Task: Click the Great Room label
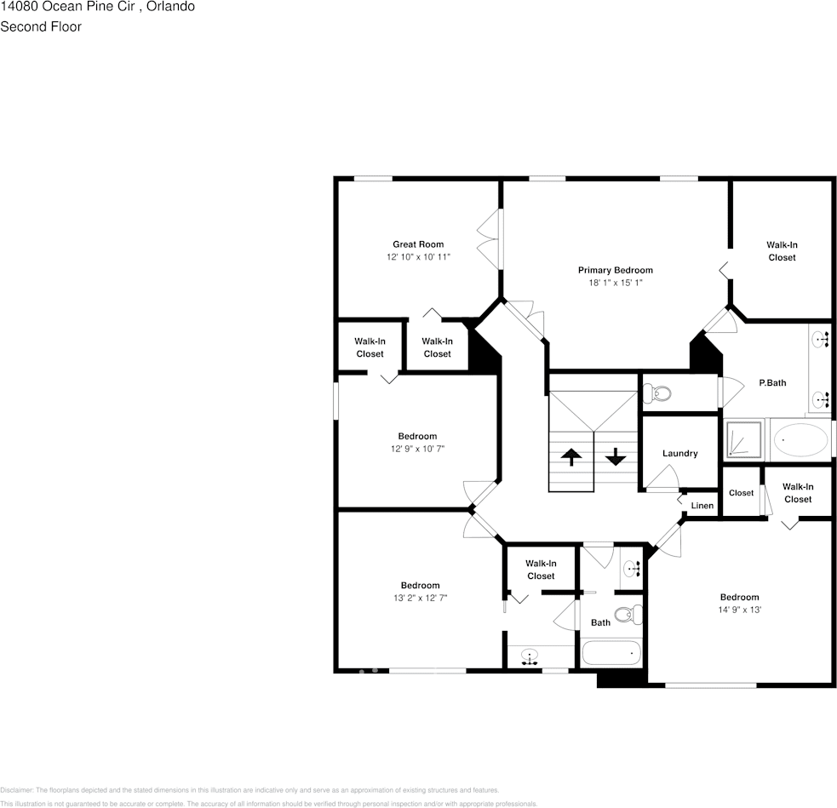pyautogui.click(x=417, y=244)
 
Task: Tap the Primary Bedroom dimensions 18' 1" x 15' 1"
pyautogui.click(x=615, y=283)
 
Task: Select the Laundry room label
pyautogui.click(x=679, y=454)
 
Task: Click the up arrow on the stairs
pyautogui.click(x=571, y=456)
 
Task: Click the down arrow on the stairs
pyautogui.click(x=615, y=457)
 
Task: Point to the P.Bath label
pyautogui.click(x=772, y=383)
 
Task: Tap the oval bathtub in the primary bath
pyautogui.click(x=800, y=441)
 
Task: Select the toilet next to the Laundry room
pyautogui.click(x=656, y=393)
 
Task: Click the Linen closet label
pyautogui.click(x=702, y=506)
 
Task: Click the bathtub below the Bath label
pyautogui.click(x=611, y=654)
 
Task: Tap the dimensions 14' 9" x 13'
pyautogui.click(x=738, y=610)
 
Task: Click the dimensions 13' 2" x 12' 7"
pyautogui.click(x=420, y=598)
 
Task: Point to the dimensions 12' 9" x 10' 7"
pyautogui.click(x=417, y=449)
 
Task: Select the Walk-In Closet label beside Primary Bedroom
pyautogui.click(x=782, y=251)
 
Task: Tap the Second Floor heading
pyautogui.click(x=41, y=26)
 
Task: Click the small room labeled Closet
pyautogui.click(x=741, y=493)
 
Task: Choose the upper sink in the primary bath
pyautogui.click(x=821, y=340)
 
